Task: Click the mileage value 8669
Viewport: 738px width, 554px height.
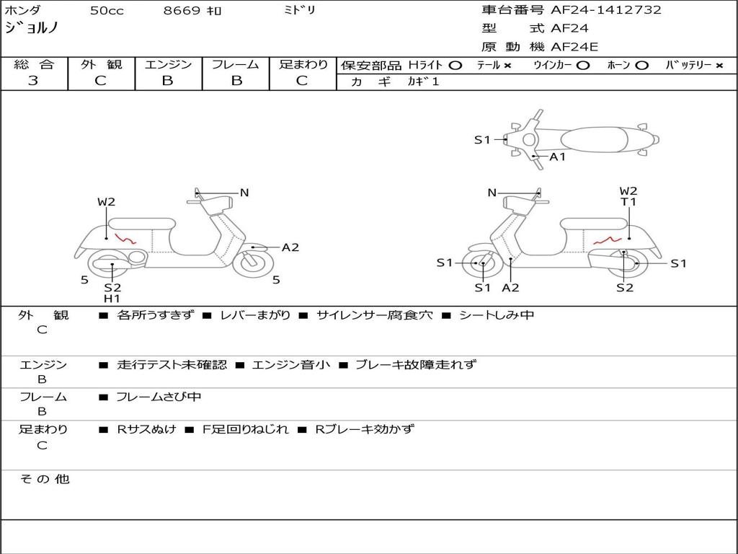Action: pyautogui.click(x=182, y=11)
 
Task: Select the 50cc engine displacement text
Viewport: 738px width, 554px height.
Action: pyautogui.click(x=105, y=11)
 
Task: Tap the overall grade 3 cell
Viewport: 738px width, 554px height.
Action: pyautogui.click(x=33, y=81)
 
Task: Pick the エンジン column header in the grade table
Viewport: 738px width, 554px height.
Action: pyautogui.click(x=168, y=65)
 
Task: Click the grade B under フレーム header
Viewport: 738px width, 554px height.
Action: pyautogui.click(x=236, y=81)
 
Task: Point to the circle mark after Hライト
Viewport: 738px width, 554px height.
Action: pyautogui.click(x=455, y=66)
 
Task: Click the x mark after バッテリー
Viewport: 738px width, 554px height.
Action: pyautogui.click(x=719, y=66)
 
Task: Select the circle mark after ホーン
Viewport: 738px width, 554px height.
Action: pyautogui.click(x=641, y=66)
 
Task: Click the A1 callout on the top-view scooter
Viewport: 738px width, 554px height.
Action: pyautogui.click(x=558, y=157)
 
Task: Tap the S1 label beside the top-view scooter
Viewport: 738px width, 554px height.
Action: pyautogui.click(x=482, y=140)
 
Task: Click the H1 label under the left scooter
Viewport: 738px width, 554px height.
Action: pyautogui.click(x=112, y=299)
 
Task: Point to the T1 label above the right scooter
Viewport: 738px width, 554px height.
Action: pyautogui.click(x=628, y=203)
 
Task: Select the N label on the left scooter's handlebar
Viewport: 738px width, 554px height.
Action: pyautogui.click(x=244, y=193)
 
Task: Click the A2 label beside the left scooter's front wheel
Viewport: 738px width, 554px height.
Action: pyautogui.click(x=290, y=247)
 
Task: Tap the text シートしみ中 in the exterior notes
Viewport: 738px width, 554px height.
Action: pyautogui.click(x=497, y=315)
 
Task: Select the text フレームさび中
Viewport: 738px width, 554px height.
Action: pyautogui.click(x=159, y=397)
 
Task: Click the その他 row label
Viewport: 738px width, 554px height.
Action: pyautogui.click(x=44, y=479)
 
